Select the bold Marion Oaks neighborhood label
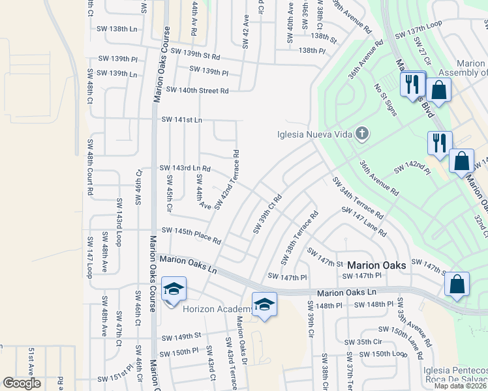[x=376, y=265]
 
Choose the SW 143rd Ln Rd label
[x=185, y=168]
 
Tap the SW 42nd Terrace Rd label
[x=226, y=181]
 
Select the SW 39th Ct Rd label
[x=267, y=213]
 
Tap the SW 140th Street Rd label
[x=197, y=91]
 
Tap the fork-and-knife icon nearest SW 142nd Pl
[x=439, y=142]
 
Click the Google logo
[x=22, y=383]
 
